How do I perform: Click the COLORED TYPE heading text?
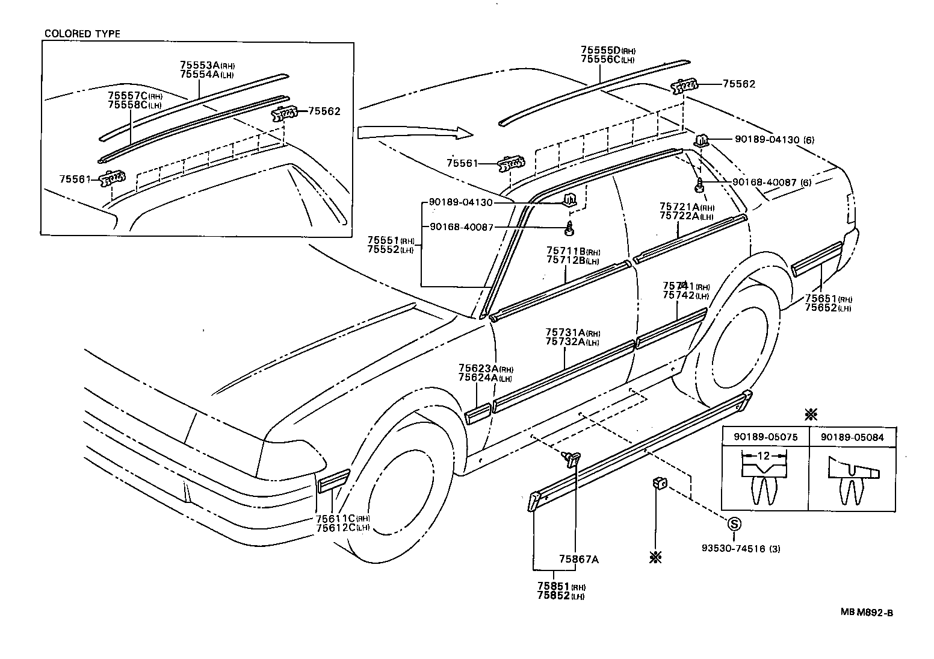tap(82, 34)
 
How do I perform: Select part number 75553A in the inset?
tap(200, 65)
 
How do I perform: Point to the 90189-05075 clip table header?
tap(764, 437)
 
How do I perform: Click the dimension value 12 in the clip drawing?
tap(763, 456)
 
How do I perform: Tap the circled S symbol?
tap(734, 523)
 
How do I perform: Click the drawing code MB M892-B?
tap(867, 613)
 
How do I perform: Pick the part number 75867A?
tap(578, 559)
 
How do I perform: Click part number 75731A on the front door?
tap(565, 333)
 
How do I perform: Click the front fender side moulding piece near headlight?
tap(333, 479)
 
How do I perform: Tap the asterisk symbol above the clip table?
tap(811, 414)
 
